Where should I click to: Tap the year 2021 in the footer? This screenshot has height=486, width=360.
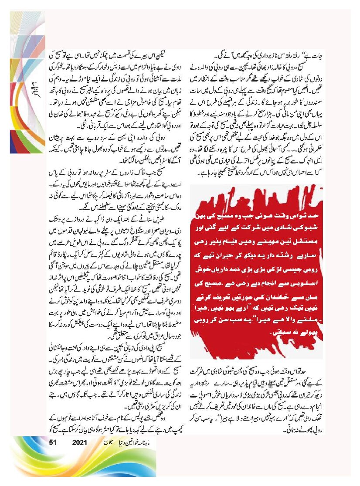pyautogui.click(x=80, y=442)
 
